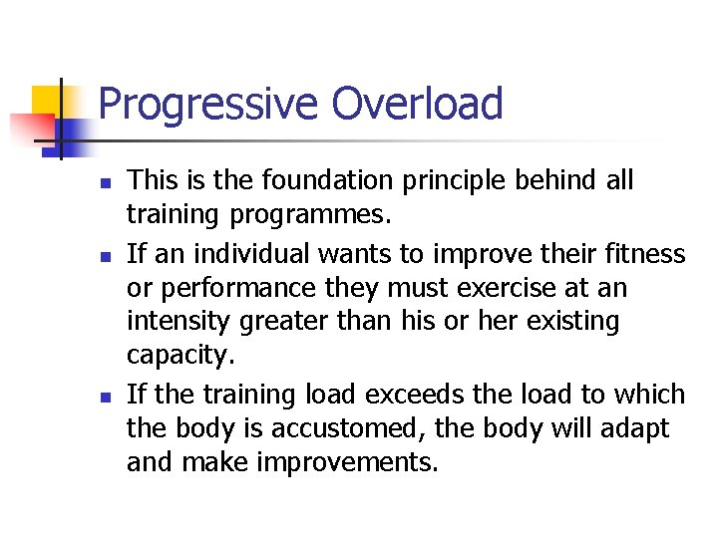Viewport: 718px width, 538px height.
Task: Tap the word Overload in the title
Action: click(418, 104)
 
